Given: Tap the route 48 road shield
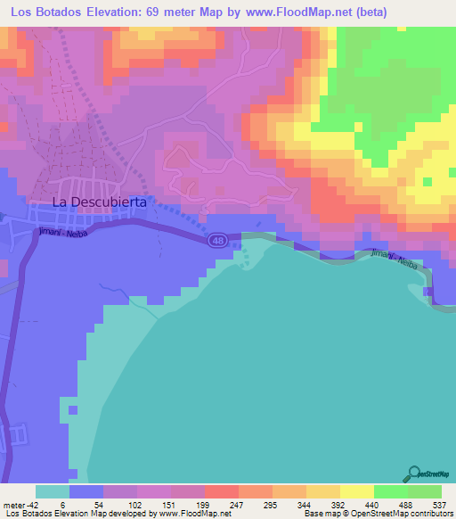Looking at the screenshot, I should click(x=218, y=241).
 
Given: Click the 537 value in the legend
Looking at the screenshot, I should click(x=439, y=504).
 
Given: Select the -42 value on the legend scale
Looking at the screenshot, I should click(x=30, y=504).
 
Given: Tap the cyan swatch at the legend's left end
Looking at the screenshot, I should click(x=53, y=491).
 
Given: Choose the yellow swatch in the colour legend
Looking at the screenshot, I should click(x=357, y=491).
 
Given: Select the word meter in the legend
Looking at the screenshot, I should click(x=13, y=504).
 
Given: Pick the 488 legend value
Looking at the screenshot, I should click(x=405, y=504).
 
